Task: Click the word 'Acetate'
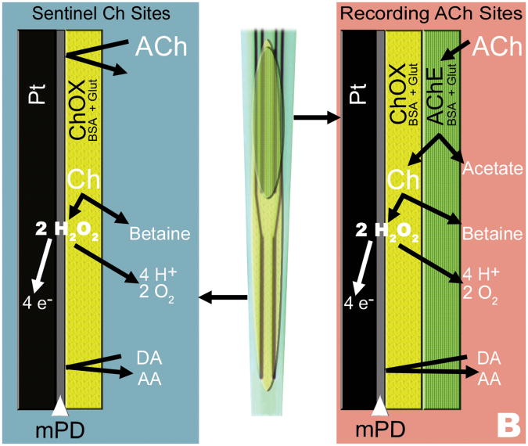[485, 168]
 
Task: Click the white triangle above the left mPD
[61, 405]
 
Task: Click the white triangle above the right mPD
[380, 405]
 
